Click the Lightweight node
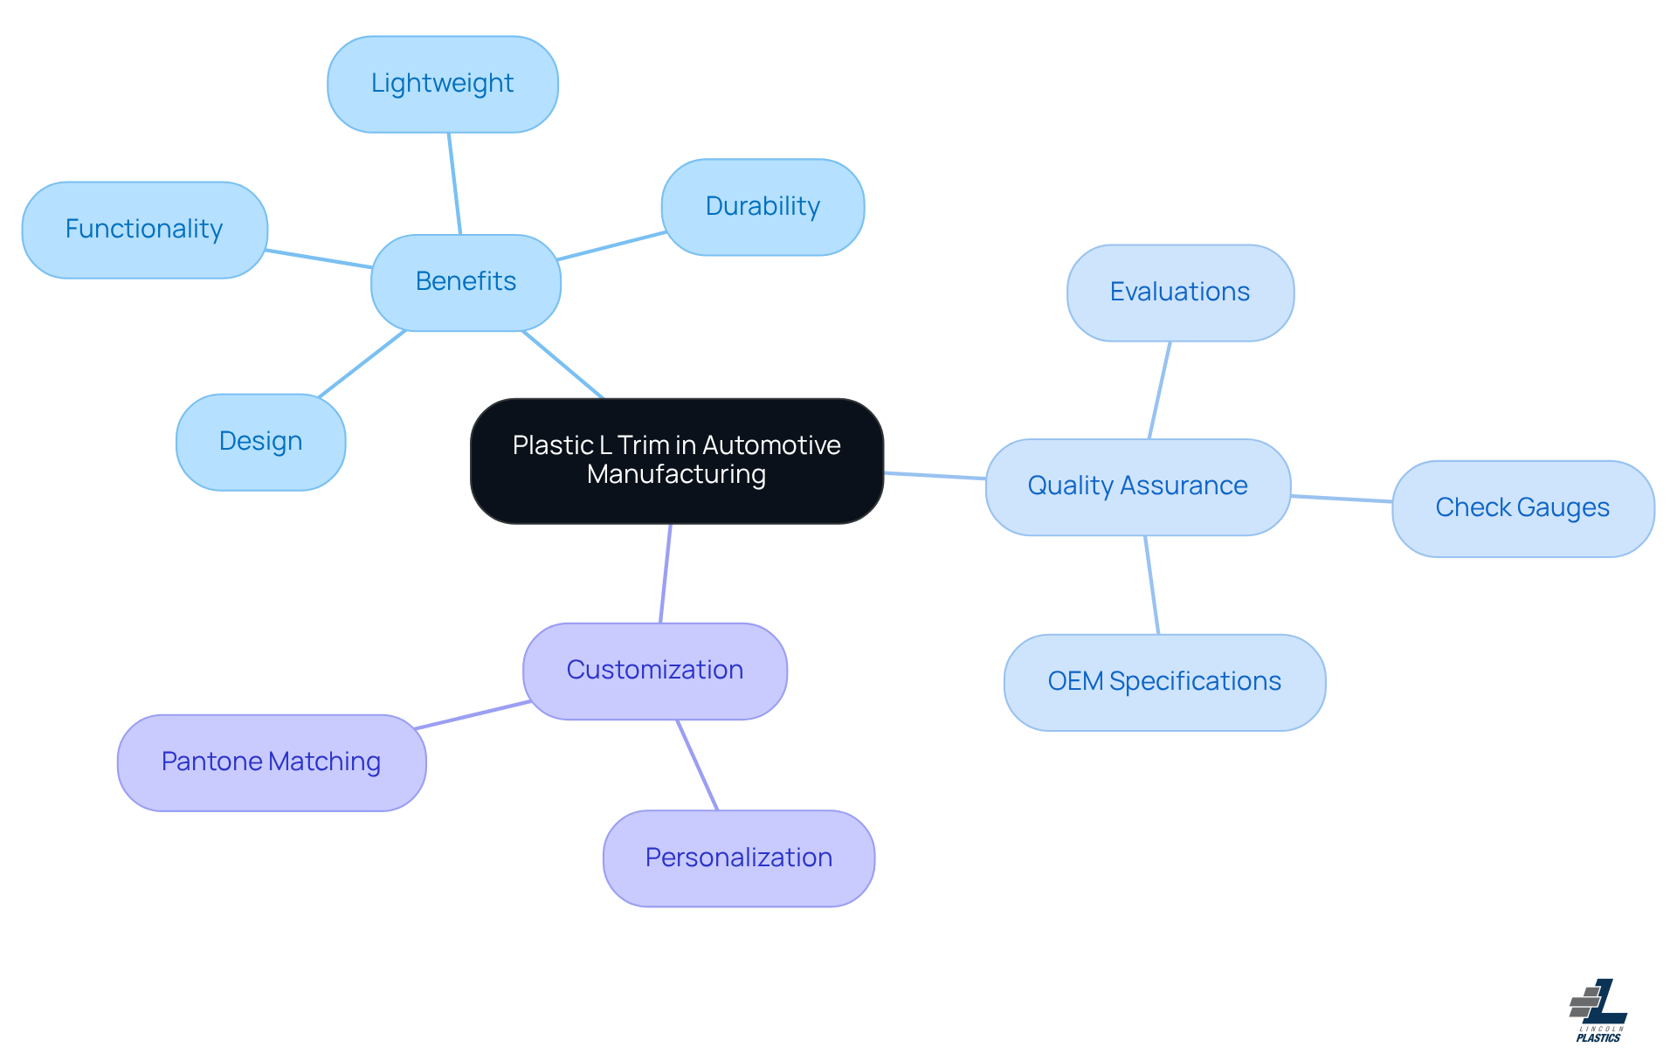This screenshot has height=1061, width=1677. tap(443, 85)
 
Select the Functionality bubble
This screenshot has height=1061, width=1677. tap(144, 230)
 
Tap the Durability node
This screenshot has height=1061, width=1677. tap(763, 207)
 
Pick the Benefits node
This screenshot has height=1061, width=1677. tap(466, 282)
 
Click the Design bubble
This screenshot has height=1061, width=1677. tap(260, 442)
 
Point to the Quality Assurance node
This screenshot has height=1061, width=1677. tap(1137, 486)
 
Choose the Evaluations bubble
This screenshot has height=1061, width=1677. tap(1179, 293)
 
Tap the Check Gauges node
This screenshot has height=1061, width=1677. tap(1522, 508)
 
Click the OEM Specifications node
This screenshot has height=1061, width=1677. tap(1163, 682)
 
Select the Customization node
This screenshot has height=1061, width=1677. tap(654, 671)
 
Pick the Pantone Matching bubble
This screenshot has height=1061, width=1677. tap(271, 762)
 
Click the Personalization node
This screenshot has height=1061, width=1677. tap(738, 858)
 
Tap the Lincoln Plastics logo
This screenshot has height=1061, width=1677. tap(1598, 1010)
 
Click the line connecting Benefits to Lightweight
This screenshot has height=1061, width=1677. tap(454, 183)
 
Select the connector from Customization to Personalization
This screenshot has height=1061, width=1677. tap(697, 765)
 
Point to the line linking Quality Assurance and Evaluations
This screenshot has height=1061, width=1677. tap(1159, 390)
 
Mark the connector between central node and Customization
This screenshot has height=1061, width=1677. tap(666, 573)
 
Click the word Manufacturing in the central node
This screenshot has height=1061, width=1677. tap(676, 475)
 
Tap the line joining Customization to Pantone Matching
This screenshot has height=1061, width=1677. tap(472, 714)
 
